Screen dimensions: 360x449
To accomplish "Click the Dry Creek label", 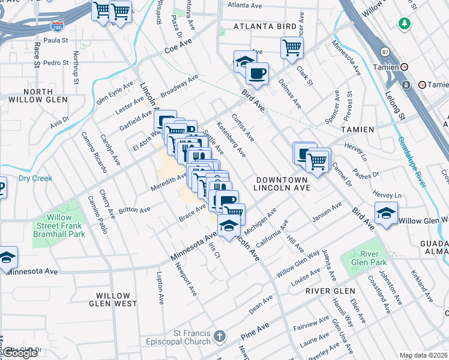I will [35, 178].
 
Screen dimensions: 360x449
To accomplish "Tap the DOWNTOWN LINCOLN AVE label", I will [281, 184].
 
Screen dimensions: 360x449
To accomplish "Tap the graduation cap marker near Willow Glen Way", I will [386, 213].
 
